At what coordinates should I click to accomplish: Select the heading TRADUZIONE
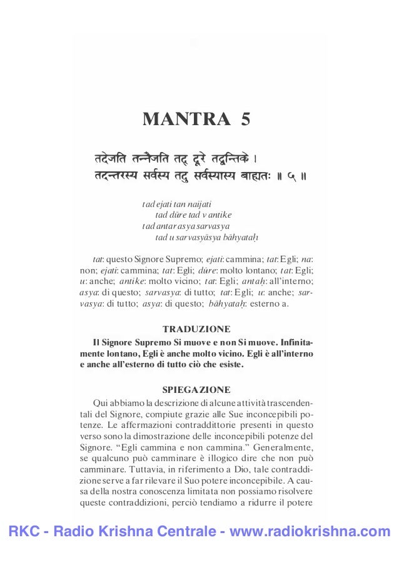tap(196, 328)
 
